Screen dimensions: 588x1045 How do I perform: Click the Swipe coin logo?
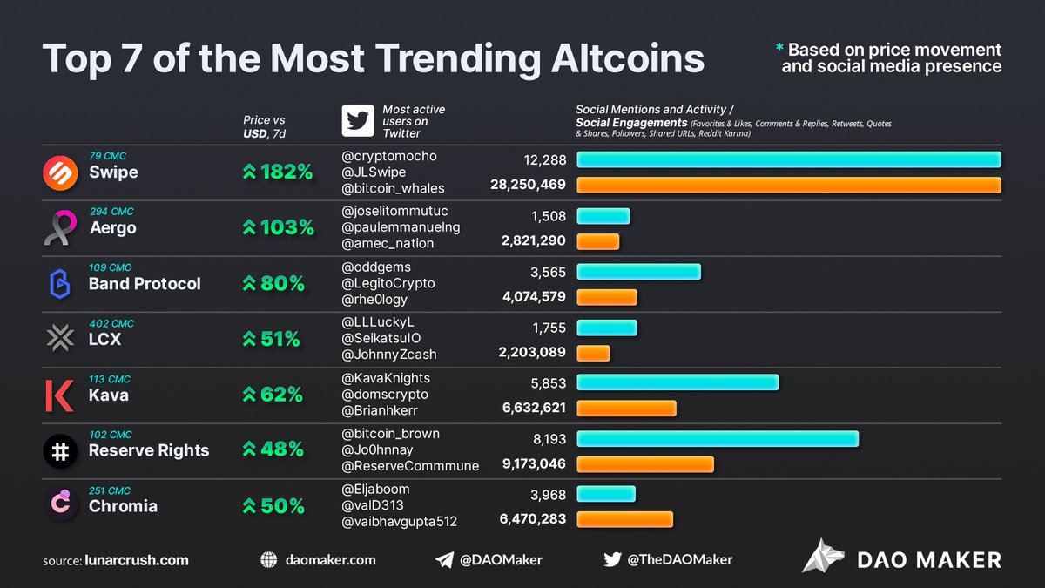pos(60,172)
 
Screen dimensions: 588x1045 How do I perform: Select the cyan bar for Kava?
pos(678,382)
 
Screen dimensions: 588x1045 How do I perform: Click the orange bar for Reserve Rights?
pos(645,464)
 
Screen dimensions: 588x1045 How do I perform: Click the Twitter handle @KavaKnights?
pos(386,378)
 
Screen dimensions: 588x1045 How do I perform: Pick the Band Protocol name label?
pos(145,284)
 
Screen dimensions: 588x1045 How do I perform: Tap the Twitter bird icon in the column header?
pos(357,122)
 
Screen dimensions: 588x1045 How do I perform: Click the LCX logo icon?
pos(60,339)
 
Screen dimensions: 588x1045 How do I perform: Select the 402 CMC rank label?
pos(111,323)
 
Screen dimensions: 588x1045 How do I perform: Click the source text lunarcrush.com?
pos(137,560)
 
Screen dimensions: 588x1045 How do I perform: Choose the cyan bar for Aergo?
pos(603,216)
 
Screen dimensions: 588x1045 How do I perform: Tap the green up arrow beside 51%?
pos(249,340)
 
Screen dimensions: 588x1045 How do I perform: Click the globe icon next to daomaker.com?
pos(269,560)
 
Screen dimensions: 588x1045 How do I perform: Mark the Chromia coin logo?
pos(60,505)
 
